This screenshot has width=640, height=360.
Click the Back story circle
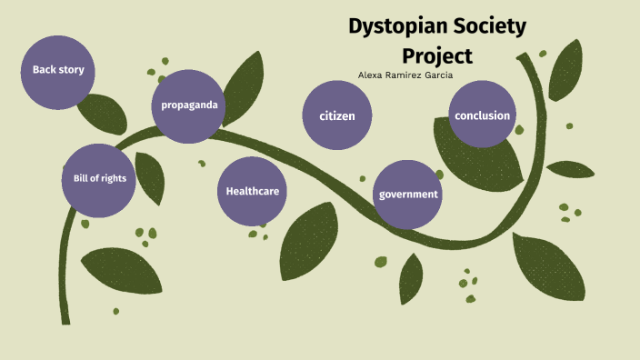click(58, 73)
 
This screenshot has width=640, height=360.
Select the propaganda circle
click(188, 106)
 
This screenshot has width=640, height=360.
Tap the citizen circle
click(337, 115)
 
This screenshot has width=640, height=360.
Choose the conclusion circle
click(482, 115)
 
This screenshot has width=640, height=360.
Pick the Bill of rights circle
click(99, 180)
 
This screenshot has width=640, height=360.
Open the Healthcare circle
click(252, 192)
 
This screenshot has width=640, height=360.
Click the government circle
click(407, 195)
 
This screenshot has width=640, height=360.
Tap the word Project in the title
click(437, 56)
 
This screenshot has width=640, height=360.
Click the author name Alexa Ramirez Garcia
click(405, 75)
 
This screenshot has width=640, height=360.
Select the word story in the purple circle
click(72, 70)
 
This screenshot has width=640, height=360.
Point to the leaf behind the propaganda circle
click(243, 88)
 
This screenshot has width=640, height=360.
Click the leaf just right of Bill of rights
click(150, 178)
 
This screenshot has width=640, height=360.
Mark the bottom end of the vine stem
click(65, 324)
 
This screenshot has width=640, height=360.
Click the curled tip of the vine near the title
click(521, 56)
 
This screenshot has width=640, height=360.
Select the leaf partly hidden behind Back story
click(104, 115)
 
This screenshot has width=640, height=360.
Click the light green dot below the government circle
click(381, 262)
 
